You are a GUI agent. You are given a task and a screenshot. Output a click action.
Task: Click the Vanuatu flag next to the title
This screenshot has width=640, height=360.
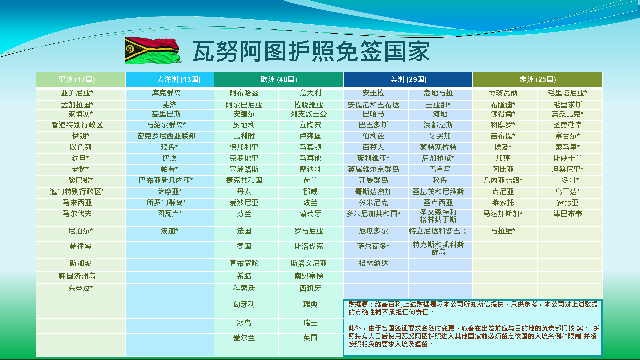[153, 50]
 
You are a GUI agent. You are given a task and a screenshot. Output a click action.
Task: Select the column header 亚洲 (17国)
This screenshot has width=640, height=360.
[77, 79]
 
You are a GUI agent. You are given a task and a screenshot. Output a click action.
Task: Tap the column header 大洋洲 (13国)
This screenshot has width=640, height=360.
[179, 79]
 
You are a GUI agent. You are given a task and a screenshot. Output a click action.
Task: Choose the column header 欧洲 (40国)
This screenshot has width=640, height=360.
[279, 79]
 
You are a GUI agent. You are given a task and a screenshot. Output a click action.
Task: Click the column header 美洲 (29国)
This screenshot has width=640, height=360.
[408, 79]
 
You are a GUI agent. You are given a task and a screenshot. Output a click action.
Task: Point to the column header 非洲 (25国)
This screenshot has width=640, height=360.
[537, 79]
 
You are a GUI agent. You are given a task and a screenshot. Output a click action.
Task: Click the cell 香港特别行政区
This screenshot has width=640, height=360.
[77, 125]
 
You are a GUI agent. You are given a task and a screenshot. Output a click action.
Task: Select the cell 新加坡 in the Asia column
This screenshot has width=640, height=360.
[80, 263]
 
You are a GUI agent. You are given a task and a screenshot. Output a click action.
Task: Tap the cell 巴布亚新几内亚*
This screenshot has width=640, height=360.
[166, 180]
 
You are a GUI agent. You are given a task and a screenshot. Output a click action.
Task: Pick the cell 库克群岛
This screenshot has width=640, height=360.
[166, 93]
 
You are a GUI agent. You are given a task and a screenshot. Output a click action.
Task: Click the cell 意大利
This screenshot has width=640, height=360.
[310, 93]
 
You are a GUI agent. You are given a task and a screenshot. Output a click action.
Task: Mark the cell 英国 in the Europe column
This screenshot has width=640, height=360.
[310, 338]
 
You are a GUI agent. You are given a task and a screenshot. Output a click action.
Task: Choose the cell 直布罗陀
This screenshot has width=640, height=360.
[244, 263]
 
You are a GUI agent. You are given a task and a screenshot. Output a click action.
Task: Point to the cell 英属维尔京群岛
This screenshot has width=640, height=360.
[373, 169]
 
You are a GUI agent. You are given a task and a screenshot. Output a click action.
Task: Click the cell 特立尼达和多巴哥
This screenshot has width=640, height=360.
[438, 231]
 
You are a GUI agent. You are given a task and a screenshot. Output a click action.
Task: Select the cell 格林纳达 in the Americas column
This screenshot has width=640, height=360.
[373, 263]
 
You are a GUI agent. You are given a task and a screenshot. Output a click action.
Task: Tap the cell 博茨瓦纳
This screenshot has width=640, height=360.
[503, 93]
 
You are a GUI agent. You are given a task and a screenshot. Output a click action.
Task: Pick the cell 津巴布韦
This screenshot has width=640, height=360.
[567, 214]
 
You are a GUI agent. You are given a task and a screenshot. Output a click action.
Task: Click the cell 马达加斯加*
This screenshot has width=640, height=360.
[503, 214]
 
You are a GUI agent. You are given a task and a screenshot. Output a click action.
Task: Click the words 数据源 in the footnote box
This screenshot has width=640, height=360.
[358, 304]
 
